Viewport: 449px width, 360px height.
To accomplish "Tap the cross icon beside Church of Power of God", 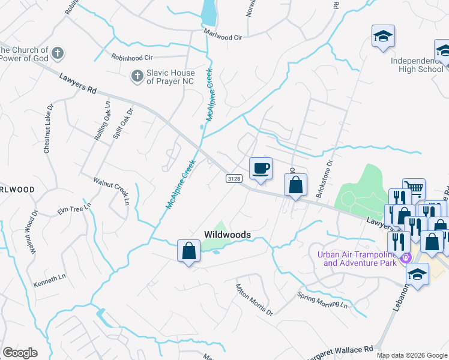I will point(58,53).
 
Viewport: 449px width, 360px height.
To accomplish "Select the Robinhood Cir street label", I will point(132,58).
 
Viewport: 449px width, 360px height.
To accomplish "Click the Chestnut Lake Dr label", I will point(47,130).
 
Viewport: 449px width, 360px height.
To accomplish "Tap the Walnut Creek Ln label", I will point(111,187).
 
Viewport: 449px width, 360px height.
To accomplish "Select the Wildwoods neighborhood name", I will point(227,235).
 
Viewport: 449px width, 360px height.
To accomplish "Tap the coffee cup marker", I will point(260,169).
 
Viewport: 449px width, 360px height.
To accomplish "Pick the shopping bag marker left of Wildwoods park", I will point(188,251).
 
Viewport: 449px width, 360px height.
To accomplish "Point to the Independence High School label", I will point(417,65).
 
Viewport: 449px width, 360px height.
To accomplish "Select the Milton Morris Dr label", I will point(255,300).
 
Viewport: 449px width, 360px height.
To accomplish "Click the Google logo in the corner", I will point(20,353).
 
